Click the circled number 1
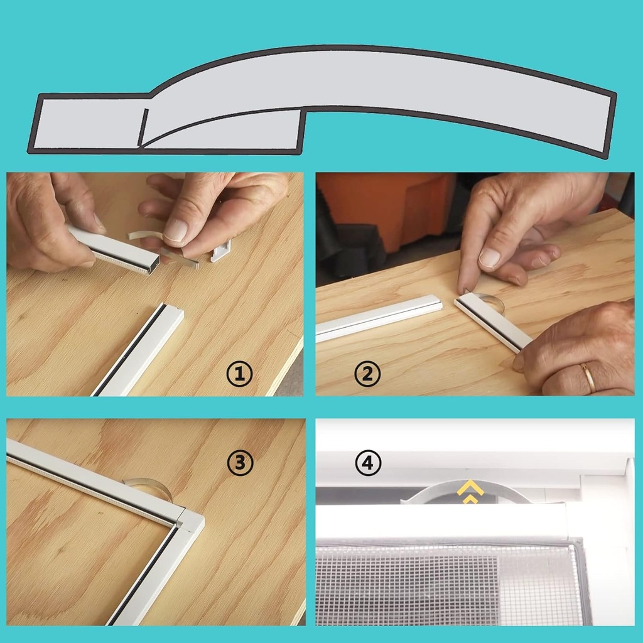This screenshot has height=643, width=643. pos(239,375)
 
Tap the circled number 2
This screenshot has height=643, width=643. pos(367,375)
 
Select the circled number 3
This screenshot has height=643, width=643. pos(239,463)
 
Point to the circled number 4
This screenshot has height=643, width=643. pos(367,463)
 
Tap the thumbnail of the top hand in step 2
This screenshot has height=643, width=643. pos(489,257)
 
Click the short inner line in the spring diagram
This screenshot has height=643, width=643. pos(143,127)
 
